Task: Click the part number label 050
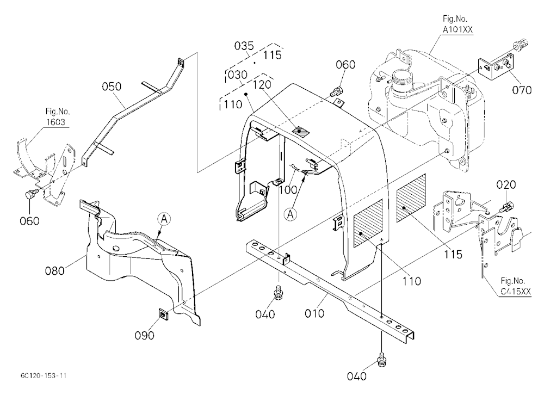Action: point(112,87)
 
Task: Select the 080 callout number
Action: point(55,270)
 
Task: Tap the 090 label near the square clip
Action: point(145,335)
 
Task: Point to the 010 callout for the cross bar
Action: point(314,313)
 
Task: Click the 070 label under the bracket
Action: point(522,90)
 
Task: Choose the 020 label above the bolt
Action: point(506,184)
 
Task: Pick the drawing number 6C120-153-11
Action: point(44,376)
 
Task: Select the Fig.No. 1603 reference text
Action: point(58,117)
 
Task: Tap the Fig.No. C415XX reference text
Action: point(516,286)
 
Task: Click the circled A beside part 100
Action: point(290,215)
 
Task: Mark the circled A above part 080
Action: point(164,219)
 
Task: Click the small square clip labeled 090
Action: point(163,314)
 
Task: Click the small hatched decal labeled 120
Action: point(300,132)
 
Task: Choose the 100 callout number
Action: point(288,189)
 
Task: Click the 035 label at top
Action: point(244,46)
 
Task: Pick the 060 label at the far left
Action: point(29,221)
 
